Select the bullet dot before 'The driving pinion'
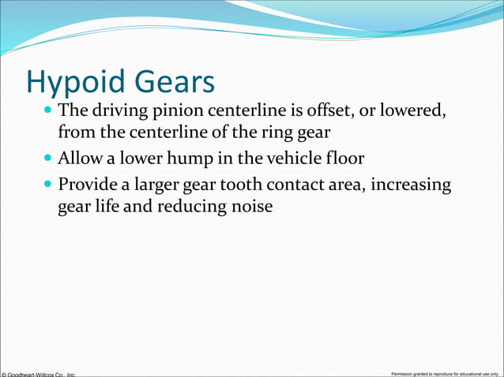[x=50, y=110]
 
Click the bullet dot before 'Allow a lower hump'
[x=50, y=159]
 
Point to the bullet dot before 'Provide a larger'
[x=50, y=185]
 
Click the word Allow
[x=81, y=159]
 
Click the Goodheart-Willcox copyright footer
[x=38, y=373]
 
